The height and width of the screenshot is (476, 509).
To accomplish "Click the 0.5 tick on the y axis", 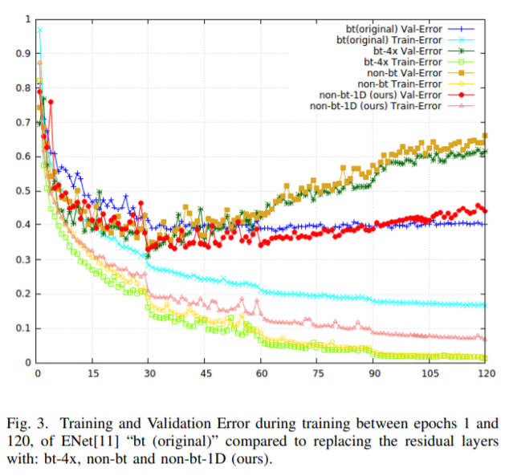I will (x=21, y=191).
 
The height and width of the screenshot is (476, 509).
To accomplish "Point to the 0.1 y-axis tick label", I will (x=21, y=329).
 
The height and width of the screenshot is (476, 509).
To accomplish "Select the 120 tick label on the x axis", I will (x=484, y=375).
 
